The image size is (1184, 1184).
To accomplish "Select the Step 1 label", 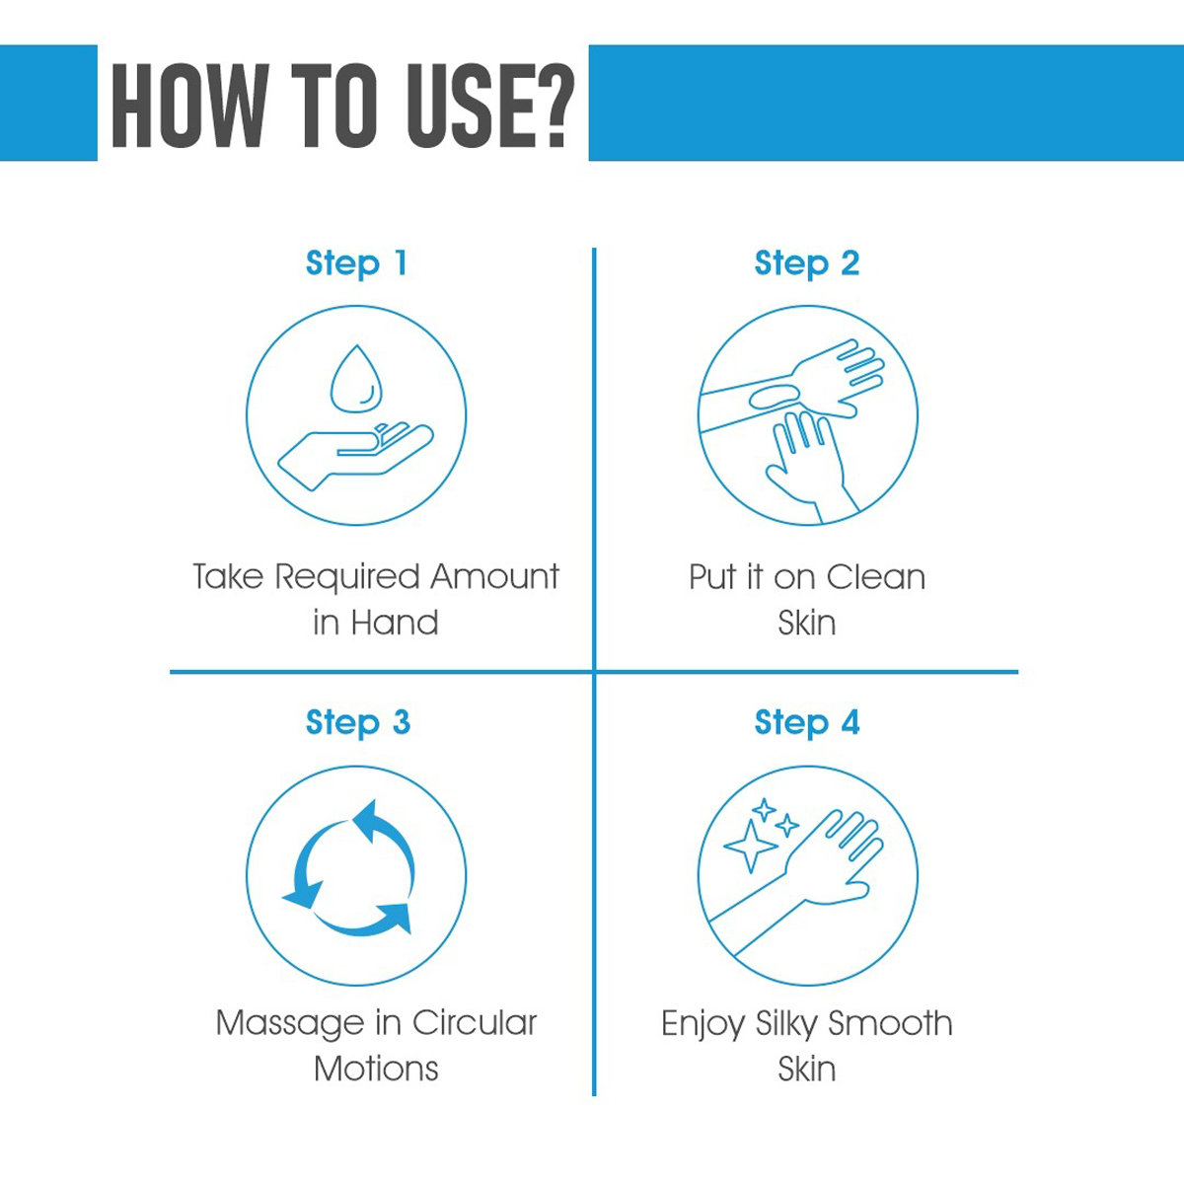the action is [x=356, y=264].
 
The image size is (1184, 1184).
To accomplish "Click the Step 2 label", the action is [x=807, y=264].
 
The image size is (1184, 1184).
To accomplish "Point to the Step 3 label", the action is [x=357, y=722].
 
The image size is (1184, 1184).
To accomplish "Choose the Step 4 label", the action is [x=807, y=722].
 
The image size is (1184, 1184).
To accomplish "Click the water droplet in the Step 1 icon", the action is [x=356, y=379].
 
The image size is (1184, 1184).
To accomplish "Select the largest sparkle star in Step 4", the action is [x=750, y=846].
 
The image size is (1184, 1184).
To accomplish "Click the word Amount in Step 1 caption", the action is [x=494, y=577].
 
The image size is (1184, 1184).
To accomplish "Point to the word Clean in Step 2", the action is [x=875, y=577].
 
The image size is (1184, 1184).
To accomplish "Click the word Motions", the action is [x=376, y=1070].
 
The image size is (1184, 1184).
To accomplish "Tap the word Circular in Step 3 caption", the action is [x=475, y=1023].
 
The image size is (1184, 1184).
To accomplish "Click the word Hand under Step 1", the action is [x=395, y=623].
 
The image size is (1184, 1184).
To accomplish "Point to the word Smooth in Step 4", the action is [x=890, y=1023].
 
